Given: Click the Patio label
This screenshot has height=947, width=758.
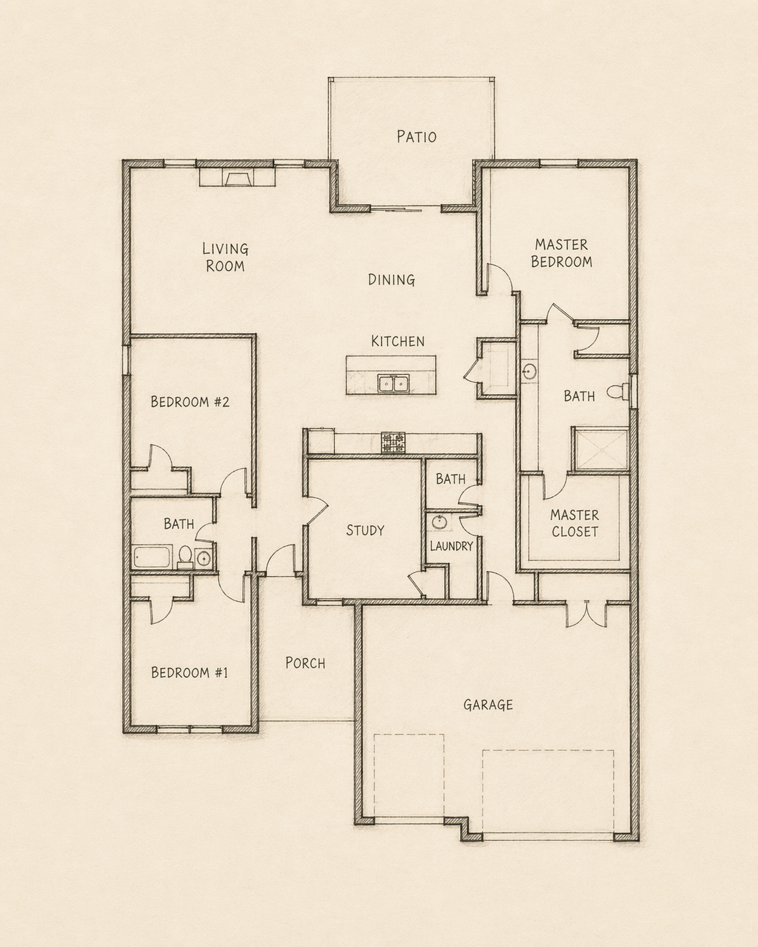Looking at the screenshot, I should [x=416, y=136].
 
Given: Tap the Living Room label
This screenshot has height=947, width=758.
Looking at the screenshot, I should [x=225, y=257].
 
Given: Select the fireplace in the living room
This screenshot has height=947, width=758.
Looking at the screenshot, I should [x=236, y=178].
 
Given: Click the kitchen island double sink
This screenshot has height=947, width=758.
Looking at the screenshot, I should [x=394, y=384].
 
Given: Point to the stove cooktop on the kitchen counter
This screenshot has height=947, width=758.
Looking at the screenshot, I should [x=393, y=442].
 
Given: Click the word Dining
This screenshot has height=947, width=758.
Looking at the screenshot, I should [x=391, y=280].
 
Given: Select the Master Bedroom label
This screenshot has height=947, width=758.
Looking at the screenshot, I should [x=561, y=253].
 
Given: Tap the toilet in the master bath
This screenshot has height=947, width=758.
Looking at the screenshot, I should [x=617, y=391].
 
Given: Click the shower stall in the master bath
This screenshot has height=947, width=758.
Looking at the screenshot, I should [x=600, y=448].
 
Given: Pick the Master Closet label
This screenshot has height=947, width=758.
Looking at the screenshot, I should [x=574, y=523].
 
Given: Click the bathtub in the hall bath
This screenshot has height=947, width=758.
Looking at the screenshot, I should [x=153, y=557].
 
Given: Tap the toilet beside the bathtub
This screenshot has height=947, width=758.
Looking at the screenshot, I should [x=184, y=557].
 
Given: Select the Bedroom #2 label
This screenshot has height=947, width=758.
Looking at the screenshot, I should [x=190, y=402].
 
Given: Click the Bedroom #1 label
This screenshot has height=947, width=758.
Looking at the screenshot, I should [x=189, y=673].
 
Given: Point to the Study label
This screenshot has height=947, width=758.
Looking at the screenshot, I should [x=365, y=530].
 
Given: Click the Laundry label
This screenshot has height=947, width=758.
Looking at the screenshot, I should [x=451, y=546].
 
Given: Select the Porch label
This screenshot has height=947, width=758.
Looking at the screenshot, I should [x=305, y=663].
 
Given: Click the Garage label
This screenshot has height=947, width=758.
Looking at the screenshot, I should [x=488, y=705].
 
